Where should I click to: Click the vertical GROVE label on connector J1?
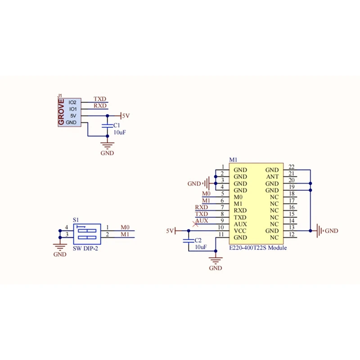click(62, 112)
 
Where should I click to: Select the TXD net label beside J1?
click(100, 99)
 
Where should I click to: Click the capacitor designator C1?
click(117, 125)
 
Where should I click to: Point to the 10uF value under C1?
click(119, 132)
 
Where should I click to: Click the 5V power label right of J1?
click(126, 116)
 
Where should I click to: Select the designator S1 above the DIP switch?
click(76, 220)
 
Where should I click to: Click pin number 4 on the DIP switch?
click(66, 227)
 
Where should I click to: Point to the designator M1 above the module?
click(233, 160)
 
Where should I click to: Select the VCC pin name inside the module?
click(240, 231)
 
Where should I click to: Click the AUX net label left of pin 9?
click(202, 221)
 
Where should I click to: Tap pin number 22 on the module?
click(291, 167)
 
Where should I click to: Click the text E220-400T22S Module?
click(258, 248)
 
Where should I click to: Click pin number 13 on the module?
click(291, 228)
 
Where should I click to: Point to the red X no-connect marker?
click(195, 224)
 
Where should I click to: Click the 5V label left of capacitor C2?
click(170, 231)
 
